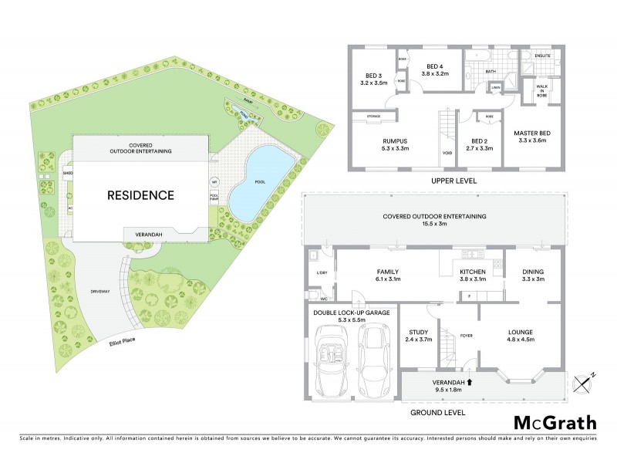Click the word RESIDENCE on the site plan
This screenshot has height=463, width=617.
click(x=140, y=195)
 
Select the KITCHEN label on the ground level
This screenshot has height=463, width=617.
click(x=471, y=272)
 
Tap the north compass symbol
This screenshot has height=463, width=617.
click(x=583, y=381)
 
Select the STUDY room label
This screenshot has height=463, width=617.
click(x=420, y=332)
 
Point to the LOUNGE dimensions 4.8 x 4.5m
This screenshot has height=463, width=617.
click(x=521, y=340)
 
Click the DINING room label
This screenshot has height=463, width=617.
click(x=534, y=272)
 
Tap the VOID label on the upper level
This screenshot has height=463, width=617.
click(x=447, y=152)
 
